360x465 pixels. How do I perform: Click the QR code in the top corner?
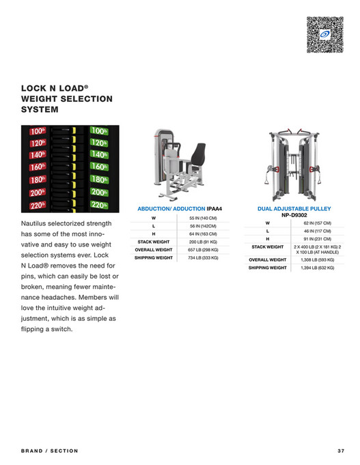[321, 33]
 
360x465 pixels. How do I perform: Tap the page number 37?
[341, 451]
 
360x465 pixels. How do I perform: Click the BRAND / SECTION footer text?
[50, 451]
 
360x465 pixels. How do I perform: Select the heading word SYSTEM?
[40, 109]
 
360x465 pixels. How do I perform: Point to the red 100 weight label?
[38, 131]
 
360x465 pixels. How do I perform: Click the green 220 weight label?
[99, 204]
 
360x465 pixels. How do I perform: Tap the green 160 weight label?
[99, 167]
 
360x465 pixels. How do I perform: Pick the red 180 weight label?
[38, 180]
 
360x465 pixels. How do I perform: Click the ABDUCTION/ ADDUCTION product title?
[171, 208]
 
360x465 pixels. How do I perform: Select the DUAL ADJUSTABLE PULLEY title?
[294, 208]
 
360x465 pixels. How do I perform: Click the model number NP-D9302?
[294, 215]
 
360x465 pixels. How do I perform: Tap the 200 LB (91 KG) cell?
[203, 242]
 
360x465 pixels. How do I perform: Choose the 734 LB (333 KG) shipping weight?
[203, 258]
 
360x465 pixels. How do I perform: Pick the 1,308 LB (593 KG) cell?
[317, 260]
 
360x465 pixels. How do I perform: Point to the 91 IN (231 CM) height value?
[317, 239]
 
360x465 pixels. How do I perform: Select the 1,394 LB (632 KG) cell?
[317, 268]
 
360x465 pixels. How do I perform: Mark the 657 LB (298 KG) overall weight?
[203, 250]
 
